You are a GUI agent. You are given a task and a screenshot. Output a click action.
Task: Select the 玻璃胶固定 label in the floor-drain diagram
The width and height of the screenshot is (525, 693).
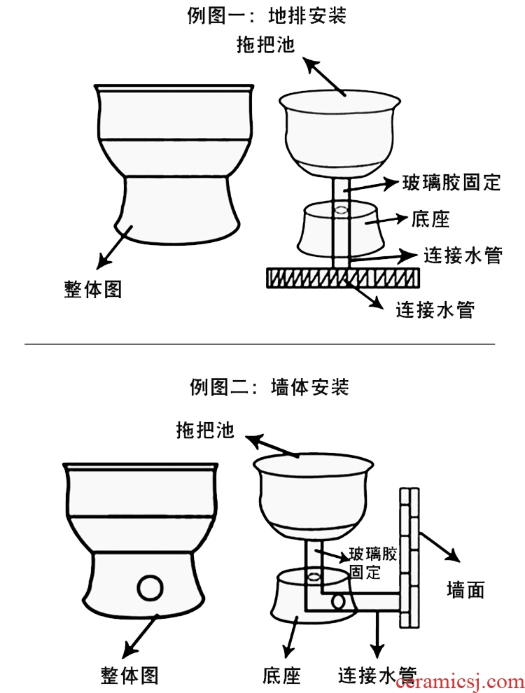click(x=451, y=183)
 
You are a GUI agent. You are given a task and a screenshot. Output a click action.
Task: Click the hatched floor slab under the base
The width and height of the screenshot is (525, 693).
click(x=343, y=278)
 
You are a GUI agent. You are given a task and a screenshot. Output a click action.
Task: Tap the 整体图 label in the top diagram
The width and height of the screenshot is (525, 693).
click(x=93, y=289)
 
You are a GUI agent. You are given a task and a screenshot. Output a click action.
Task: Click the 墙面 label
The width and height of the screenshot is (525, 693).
click(x=465, y=590)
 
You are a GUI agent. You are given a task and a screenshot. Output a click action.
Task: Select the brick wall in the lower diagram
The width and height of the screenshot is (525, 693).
click(x=412, y=556)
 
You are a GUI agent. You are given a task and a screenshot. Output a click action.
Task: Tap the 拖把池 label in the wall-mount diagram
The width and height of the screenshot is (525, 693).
click(x=205, y=430)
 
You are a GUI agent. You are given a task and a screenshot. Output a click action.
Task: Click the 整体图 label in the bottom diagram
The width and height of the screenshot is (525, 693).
click(x=129, y=675)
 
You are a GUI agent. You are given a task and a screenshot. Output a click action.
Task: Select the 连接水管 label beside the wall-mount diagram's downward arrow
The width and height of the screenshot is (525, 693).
click(x=377, y=675)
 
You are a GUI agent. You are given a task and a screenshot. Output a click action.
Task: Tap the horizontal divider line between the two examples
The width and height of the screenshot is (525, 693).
click(x=260, y=344)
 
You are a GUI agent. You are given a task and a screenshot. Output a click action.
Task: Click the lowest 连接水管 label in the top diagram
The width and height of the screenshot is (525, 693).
click(x=435, y=309)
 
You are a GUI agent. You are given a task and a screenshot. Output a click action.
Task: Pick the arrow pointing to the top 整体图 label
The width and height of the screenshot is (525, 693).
click(x=113, y=248)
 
